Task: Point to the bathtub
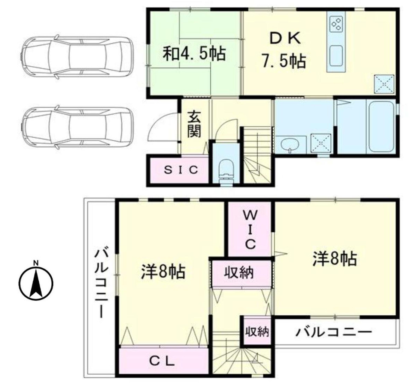(x=381, y=126)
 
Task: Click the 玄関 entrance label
(x=194, y=124)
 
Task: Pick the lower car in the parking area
(x=77, y=127)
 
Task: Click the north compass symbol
(x=36, y=282)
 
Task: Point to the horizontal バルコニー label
(x=334, y=332)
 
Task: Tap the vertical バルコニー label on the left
(x=101, y=282)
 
